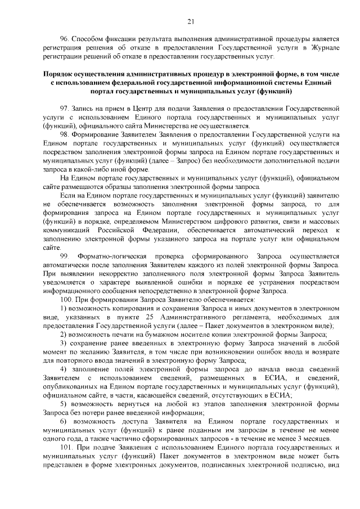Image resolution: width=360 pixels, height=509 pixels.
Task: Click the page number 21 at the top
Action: tap(191, 21)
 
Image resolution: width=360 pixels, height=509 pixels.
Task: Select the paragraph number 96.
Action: tap(64, 38)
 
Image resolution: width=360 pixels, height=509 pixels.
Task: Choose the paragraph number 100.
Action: tap(66, 299)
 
